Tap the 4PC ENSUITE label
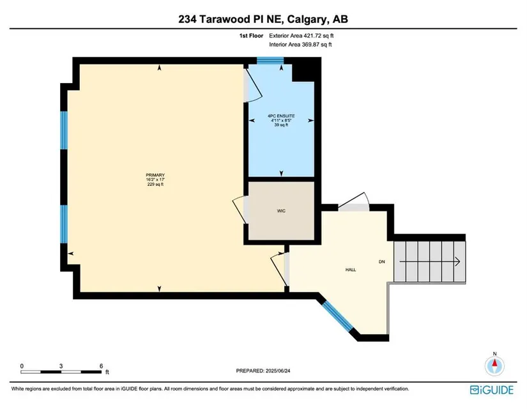pyautogui.click(x=281, y=116)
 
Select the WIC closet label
pyautogui.click(x=281, y=211)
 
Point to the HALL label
pyautogui.click(x=351, y=270)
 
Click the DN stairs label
pyautogui.click(x=382, y=261)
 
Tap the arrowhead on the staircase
pyautogui.click(x=458, y=261)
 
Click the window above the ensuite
pyautogui.click(x=270, y=61)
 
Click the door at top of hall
pyautogui.click(x=354, y=202)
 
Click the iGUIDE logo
pyautogui.click(x=492, y=390)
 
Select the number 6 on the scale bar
pyautogui.click(x=101, y=366)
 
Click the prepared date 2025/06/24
pyautogui.click(x=278, y=371)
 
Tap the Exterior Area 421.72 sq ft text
pyautogui.click(x=302, y=36)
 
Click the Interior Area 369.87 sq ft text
pyautogui.click(x=300, y=44)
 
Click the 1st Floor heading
pyautogui.click(x=251, y=36)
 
